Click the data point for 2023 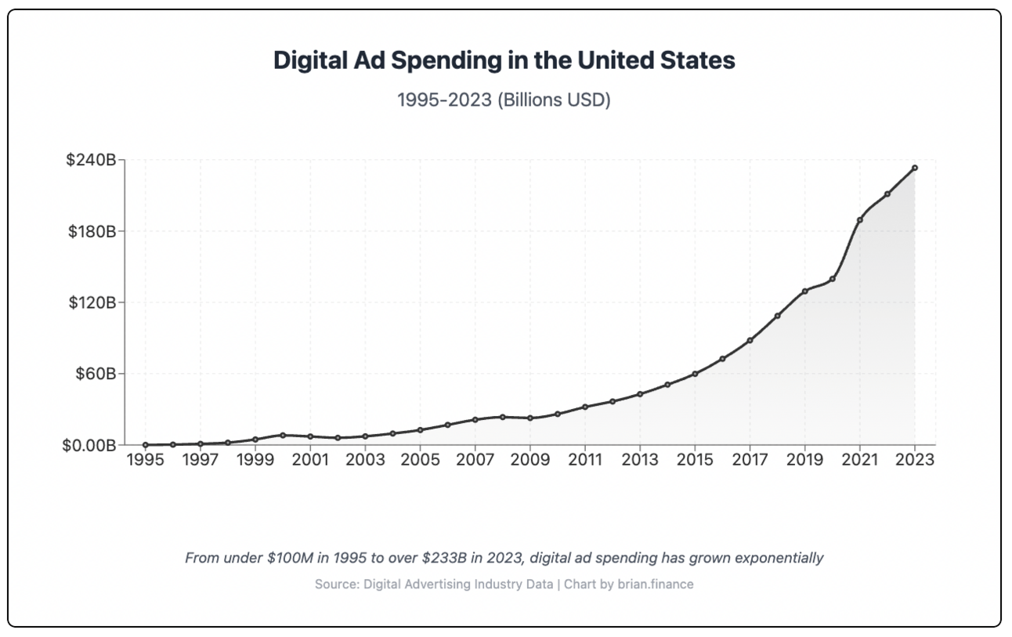click(x=915, y=168)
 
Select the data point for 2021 click(x=860, y=220)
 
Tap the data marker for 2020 click(x=833, y=279)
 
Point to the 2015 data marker click(x=695, y=374)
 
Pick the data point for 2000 click(x=282, y=435)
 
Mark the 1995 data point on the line click(x=145, y=445)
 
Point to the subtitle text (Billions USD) click(x=554, y=101)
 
